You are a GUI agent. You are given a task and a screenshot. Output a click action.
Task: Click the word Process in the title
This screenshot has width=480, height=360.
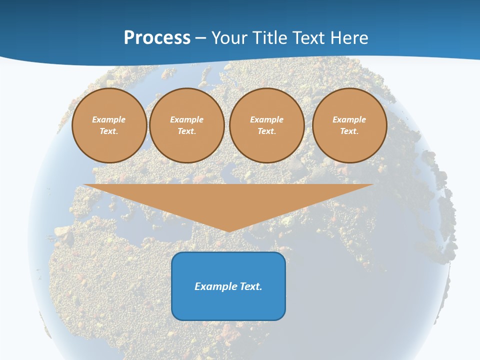[x=157, y=38]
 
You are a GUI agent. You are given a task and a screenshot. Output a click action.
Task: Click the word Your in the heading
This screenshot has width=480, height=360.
[x=230, y=38]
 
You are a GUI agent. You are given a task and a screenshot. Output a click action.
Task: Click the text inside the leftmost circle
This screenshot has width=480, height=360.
[x=109, y=125]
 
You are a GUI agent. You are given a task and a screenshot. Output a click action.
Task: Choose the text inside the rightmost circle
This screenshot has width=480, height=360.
[x=349, y=125]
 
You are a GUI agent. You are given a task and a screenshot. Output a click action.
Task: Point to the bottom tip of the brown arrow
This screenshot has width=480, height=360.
[x=228, y=231]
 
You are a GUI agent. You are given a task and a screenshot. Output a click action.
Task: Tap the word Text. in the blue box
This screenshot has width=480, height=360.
[x=251, y=286]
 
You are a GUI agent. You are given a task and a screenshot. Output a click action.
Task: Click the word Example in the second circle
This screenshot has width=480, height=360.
[x=186, y=120]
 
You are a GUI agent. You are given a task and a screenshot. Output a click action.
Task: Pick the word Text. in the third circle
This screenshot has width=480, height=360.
[x=266, y=131]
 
